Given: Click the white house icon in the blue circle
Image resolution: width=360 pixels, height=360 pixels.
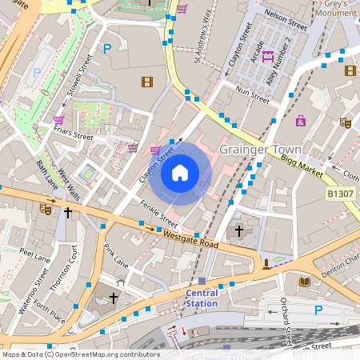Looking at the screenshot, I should (x=180, y=173).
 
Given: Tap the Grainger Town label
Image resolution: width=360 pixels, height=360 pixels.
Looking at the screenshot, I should (x=260, y=150).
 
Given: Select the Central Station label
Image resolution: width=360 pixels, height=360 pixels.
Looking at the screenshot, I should (x=201, y=298).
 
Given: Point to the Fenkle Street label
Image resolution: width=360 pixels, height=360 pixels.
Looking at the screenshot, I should (x=158, y=210).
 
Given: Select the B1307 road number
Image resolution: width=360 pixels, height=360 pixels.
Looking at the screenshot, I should (x=340, y=194).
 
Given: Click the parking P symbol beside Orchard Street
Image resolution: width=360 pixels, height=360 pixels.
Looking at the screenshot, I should (x=318, y=310).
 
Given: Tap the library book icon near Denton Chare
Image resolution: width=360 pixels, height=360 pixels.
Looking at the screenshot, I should (x=305, y=282).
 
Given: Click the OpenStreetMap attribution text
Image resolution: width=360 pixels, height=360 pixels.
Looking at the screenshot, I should (x=81, y=354).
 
